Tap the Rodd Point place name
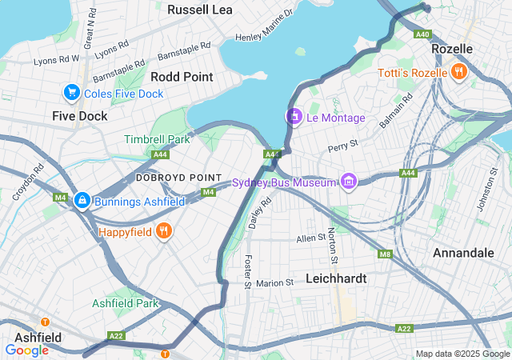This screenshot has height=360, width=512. (x=182, y=77)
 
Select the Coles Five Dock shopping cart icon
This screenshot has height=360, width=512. (x=72, y=94)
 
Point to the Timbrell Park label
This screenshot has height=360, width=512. (x=157, y=139)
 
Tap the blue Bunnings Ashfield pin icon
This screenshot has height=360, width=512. (x=82, y=201)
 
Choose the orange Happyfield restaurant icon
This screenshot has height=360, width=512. (x=163, y=232)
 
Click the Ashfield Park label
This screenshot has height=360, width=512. (x=125, y=303)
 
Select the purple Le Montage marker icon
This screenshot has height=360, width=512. (x=294, y=118)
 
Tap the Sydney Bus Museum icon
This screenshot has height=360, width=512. (x=347, y=182)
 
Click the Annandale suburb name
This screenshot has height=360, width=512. (x=462, y=253)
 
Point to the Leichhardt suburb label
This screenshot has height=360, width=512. (x=336, y=279)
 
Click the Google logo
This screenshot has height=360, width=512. (x=26, y=350)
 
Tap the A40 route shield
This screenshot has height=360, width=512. (x=422, y=34)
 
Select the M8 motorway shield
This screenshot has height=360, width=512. (x=386, y=255)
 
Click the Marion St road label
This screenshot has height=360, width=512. (x=275, y=283)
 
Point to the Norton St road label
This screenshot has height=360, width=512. (x=332, y=246)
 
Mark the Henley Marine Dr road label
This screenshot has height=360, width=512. (x=264, y=26)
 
